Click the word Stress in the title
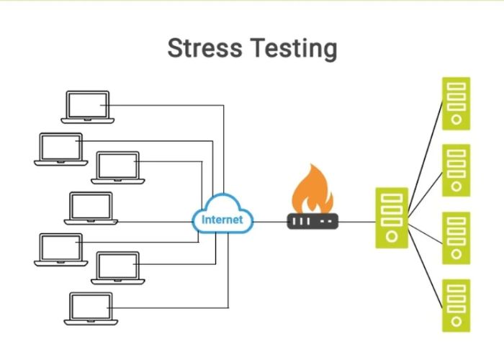pyautogui.click(x=205, y=49)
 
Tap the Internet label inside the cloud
pyautogui.click(x=222, y=220)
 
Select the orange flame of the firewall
pyautogui.click(x=312, y=189)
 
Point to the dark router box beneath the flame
pyautogui.click(x=312, y=221)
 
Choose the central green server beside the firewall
pyautogui.click(x=392, y=217)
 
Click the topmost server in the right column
pyautogui.click(x=456, y=104)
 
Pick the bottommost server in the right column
pyautogui.click(x=456, y=305)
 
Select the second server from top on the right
pyautogui.click(x=456, y=171)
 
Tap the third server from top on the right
pyautogui.click(x=456, y=238)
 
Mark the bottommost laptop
pyautogui.click(x=90, y=308)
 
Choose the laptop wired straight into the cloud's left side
pyautogui.click(x=91, y=208)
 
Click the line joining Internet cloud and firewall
pyautogui.click(x=271, y=222)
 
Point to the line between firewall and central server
pyautogui.click(x=356, y=222)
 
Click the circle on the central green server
pyautogui.click(x=392, y=235)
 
